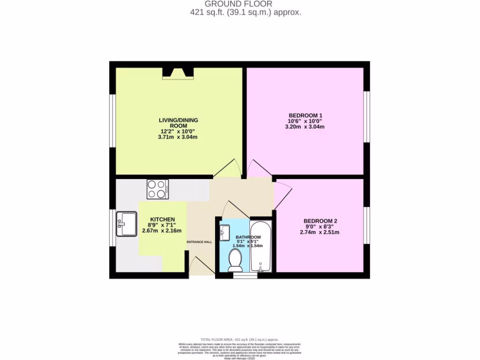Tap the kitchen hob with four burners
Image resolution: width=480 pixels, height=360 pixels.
[x=158, y=189]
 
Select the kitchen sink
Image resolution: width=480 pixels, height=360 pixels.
[x=126, y=224]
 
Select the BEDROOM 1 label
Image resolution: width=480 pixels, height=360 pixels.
[x=306, y=115]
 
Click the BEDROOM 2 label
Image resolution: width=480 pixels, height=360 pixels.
[x=320, y=221]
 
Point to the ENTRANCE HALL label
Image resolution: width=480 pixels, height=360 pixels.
[x=199, y=242]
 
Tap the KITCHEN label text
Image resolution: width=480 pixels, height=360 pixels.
[x=162, y=219]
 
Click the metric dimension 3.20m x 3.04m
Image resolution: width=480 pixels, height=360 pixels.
[x=306, y=127]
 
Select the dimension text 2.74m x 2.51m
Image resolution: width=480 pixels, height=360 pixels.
[x=320, y=232]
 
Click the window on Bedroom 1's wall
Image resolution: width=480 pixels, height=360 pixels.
[x=367, y=116]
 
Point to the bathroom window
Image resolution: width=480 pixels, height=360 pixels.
[x=245, y=276]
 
